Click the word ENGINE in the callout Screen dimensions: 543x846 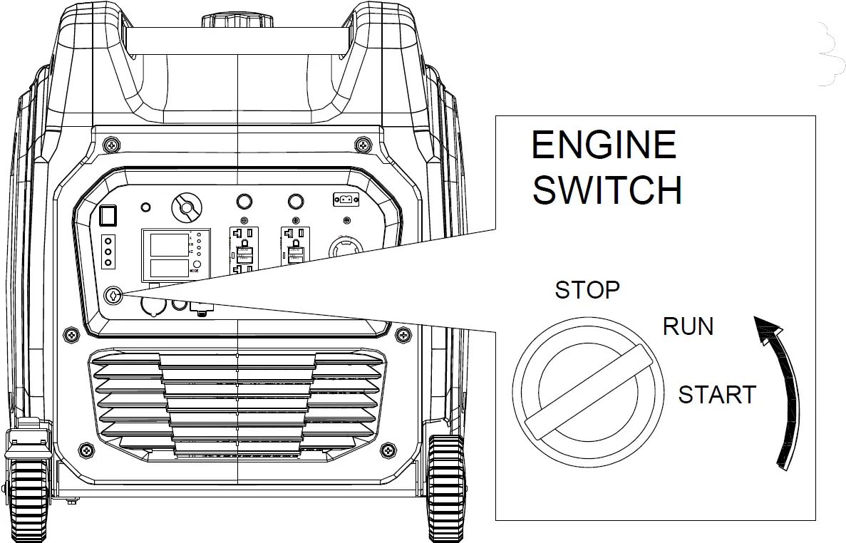click(604, 145)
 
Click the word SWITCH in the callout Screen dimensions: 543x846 click(607, 190)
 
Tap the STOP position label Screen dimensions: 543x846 click(587, 290)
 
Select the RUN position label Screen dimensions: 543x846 click(688, 326)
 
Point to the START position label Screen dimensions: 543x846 click(716, 394)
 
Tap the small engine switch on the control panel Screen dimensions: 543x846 click(112, 294)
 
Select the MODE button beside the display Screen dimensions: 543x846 click(196, 264)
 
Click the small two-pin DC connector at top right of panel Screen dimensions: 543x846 click(346, 200)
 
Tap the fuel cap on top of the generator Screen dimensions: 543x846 click(235, 19)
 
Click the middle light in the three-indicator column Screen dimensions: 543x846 click(108, 252)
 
